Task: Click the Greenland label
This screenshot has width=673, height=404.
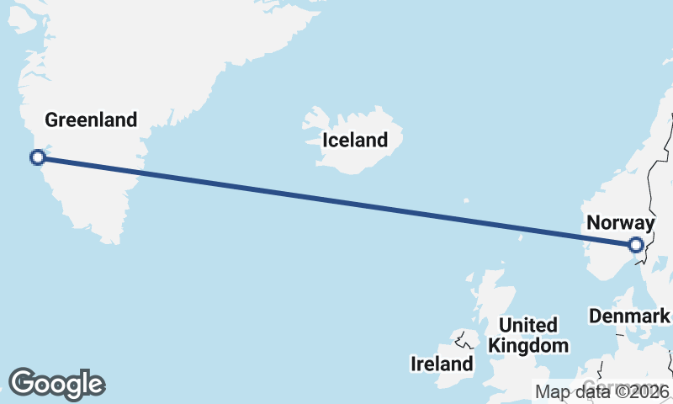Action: tap(91, 120)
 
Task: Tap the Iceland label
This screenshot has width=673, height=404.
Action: tap(356, 141)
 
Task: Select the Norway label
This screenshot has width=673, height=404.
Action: tap(620, 223)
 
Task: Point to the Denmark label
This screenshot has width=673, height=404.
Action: tap(629, 316)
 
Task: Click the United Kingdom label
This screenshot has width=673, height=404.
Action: tap(528, 335)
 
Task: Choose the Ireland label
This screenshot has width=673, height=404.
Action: tap(442, 364)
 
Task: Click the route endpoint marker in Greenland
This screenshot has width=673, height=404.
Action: tap(37, 157)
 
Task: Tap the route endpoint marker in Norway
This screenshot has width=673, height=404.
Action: tap(636, 245)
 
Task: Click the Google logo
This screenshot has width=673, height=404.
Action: tap(56, 384)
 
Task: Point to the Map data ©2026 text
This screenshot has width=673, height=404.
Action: tap(602, 391)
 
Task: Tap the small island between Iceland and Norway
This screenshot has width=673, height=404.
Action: tap(465, 201)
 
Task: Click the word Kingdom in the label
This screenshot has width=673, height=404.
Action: tap(528, 345)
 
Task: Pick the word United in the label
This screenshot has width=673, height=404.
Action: tap(528, 325)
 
